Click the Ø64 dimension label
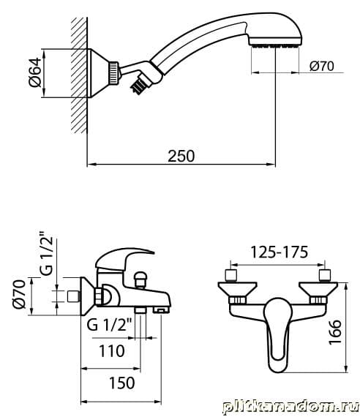35,72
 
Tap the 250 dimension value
181,156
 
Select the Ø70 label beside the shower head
321,66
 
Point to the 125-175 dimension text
279,252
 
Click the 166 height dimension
334,332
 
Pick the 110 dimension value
112,350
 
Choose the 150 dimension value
122,383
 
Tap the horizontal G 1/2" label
109,325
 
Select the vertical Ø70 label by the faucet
20,294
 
